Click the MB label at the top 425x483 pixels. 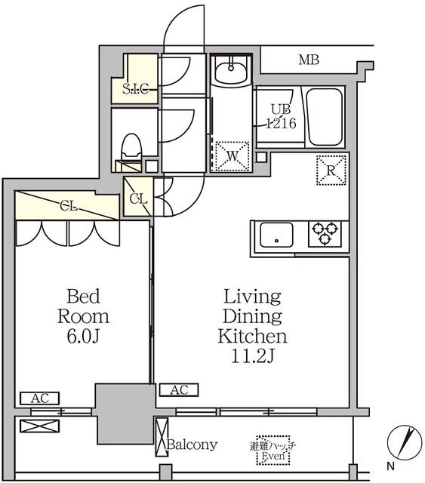pos(307,60)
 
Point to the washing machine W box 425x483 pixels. pos(232,156)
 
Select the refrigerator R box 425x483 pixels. pos(331,170)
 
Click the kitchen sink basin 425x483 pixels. pos(277,237)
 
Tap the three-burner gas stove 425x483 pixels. pos(326,232)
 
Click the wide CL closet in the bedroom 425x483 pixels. pos(67,205)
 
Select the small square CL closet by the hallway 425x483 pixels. pos(138,198)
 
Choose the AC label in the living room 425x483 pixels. pos(179,390)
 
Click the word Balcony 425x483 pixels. pos(192,445)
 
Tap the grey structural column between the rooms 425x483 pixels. pos(119,411)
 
